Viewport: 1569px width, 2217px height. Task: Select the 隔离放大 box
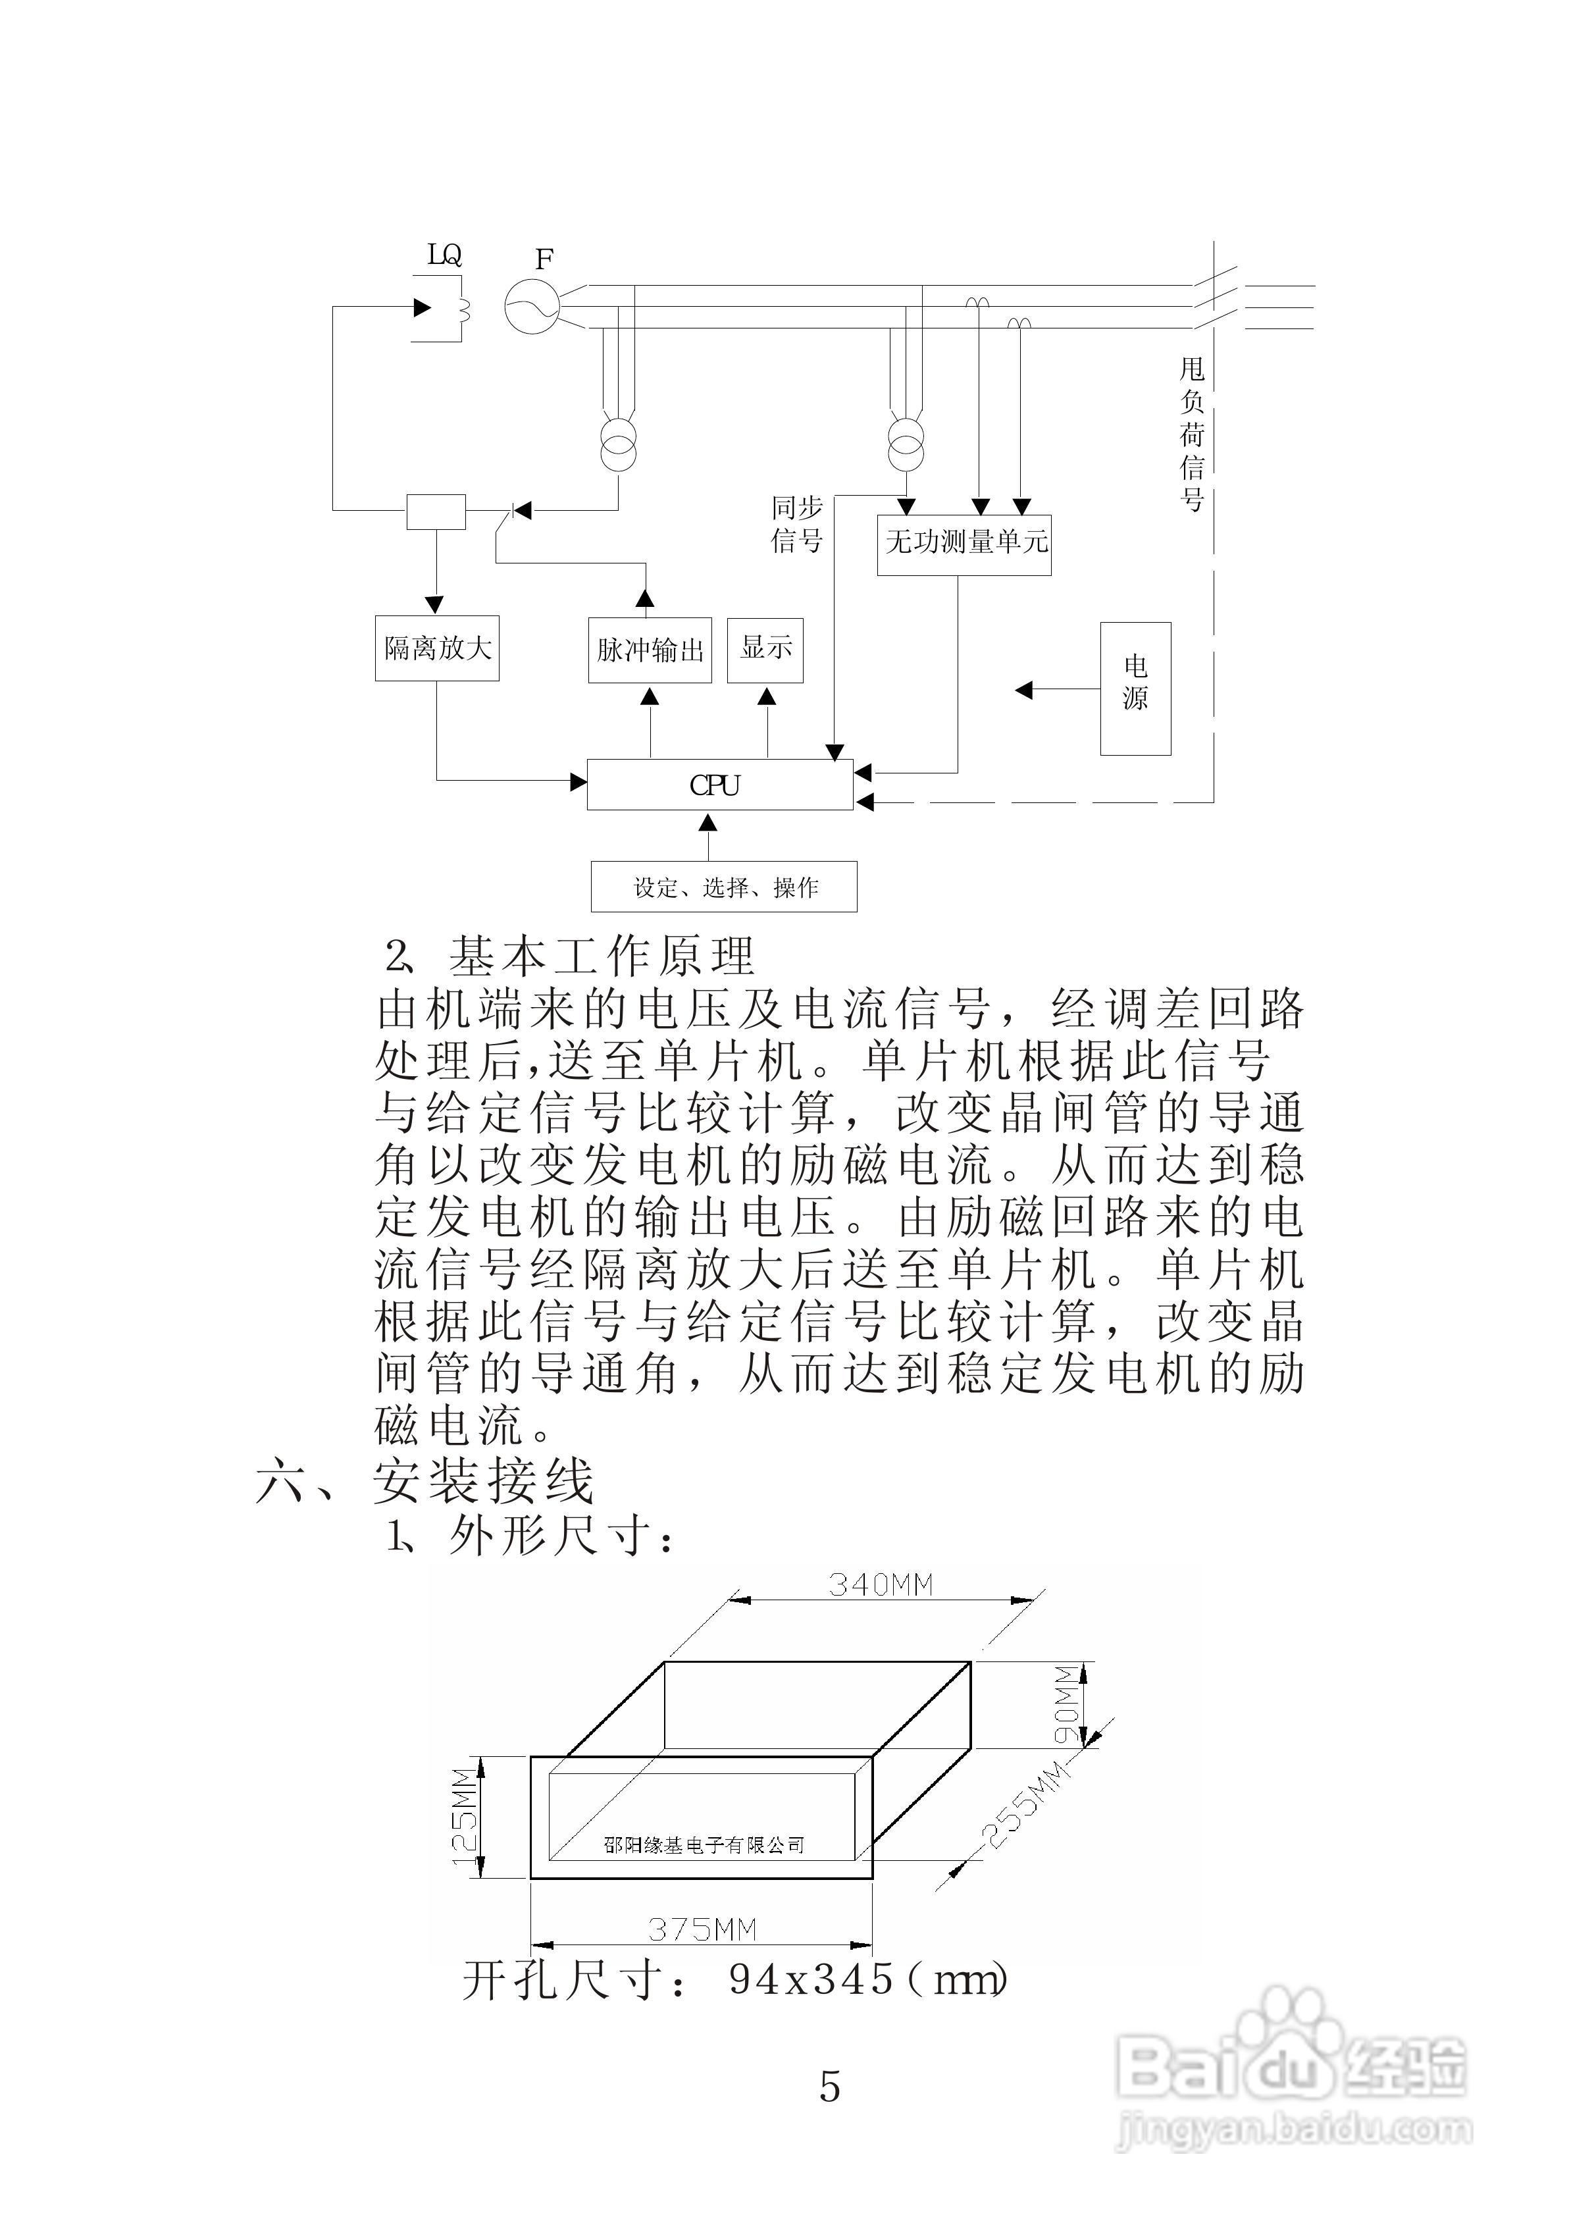[437, 648]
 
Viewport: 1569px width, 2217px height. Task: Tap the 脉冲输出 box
[649, 650]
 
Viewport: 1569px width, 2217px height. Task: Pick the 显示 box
[765, 648]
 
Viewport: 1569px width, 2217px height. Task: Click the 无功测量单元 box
[964, 544]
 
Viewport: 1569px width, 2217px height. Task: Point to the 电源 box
[1135, 688]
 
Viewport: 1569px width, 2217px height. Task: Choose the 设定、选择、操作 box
[724, 887]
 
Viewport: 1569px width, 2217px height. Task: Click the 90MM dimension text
[1065, 1703]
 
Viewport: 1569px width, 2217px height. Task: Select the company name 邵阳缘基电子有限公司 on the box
[704, 1845]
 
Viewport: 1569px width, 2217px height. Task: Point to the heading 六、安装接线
[425, 1482]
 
